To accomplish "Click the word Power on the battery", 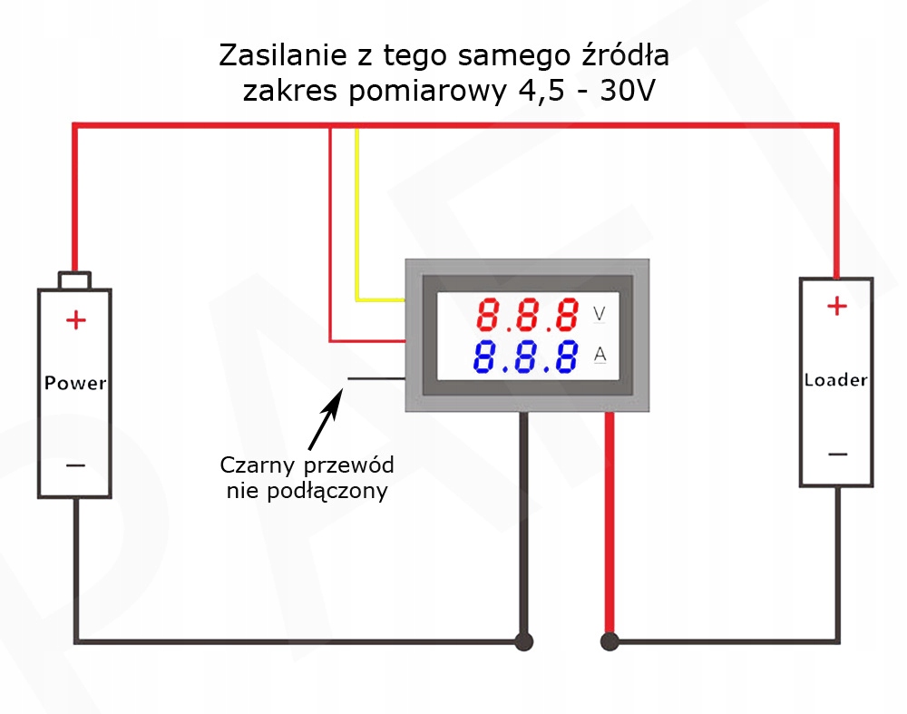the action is click(75, 383).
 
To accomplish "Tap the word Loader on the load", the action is click(835, 379).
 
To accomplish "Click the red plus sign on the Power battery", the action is click(76, 320).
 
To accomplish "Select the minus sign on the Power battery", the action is click(76, 466).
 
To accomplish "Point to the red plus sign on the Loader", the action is click(836, 307).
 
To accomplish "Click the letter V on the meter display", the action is click(600, 314).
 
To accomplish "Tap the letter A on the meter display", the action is click(600, 354).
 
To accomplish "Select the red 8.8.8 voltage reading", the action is click(528, 315).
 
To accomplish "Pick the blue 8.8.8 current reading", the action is click(526, 357).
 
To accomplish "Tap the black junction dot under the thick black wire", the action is click(523, 641).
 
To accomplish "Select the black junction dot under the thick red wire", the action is click(610, 641).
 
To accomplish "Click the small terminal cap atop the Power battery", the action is click(74, 279).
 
